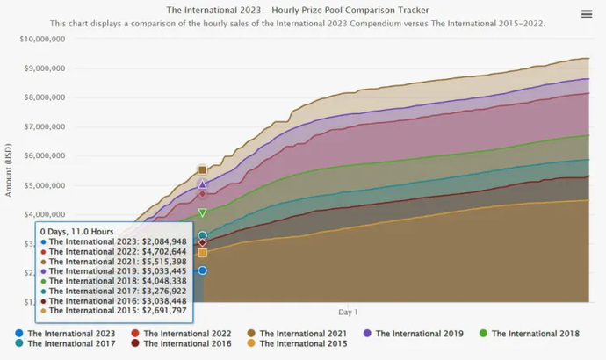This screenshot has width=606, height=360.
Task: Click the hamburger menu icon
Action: pyautogui.click(x=587, y=14)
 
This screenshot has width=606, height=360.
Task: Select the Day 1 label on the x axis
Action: pyautogui.click(x=348, y=312)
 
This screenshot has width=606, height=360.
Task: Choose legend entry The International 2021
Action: pyautogui.click(x=303, y=334)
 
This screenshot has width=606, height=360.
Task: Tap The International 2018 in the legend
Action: pyautogui.click(x=535, y=334)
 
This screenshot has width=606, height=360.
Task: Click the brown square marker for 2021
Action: pyautogui.click(x=202, y=169)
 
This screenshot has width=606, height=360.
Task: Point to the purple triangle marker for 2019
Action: pyautogui.click(x=202, y=184)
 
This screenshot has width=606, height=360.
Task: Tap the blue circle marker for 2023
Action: pyautogui.click(x=202, y=270)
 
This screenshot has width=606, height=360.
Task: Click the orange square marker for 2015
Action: pyautogui.click(x=202, y=253)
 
